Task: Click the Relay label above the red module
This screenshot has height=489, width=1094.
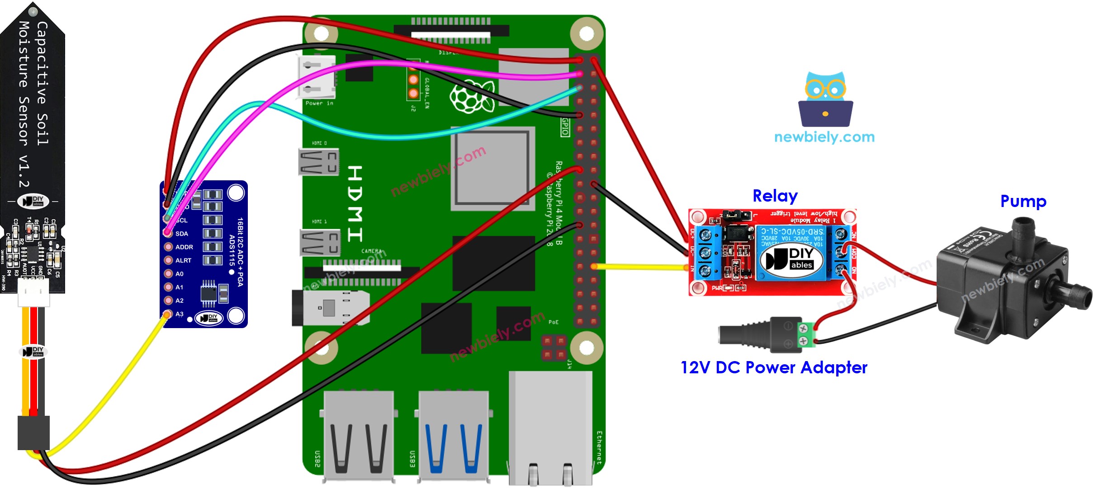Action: point(775,196)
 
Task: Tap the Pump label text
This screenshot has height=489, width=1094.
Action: point(1023,201)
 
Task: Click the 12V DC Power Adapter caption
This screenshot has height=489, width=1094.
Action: point(774,368)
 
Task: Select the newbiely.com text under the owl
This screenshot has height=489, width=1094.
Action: point(824,137)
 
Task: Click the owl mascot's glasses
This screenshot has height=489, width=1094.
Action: point(825,89)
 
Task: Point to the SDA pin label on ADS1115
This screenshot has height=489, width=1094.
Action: point(182,234)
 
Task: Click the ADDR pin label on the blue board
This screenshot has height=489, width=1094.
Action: point(184,247)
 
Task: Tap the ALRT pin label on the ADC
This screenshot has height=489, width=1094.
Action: point(183,260)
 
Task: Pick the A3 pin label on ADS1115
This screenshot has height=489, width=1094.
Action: point(180,314)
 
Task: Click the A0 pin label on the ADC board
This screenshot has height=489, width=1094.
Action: point(180,274)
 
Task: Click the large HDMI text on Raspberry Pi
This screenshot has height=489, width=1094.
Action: point(355,203)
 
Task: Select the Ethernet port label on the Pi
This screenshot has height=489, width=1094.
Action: point(599,447)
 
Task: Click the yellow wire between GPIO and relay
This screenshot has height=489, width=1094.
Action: point(642,267)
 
